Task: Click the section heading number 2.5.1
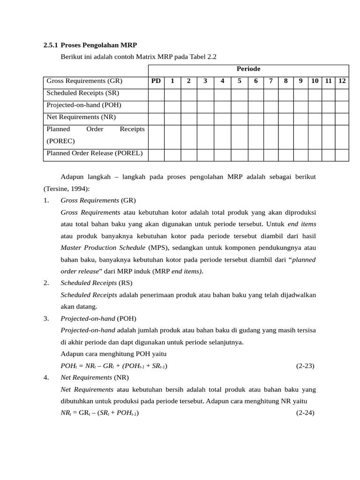click(50, 45)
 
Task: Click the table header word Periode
click(248, 69)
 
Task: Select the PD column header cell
click(156, 81)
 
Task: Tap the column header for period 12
click(342, 81)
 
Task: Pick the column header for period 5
click(239, 81)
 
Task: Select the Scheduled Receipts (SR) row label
click(82, 93)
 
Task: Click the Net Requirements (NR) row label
click(81, 117)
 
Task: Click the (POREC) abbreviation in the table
click(60, 141)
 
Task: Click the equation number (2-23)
click(305, 366)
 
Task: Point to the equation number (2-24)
click(305, 413)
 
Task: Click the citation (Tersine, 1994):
click(66, 188)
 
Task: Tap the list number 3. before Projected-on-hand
click(46, 318)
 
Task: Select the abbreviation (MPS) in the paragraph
click(158, 247)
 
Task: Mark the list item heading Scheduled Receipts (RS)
click(96, 283)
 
